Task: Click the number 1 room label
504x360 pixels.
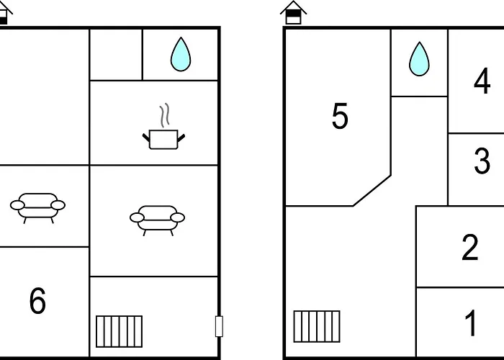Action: [471, 323]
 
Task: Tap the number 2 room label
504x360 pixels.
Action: [470, 247]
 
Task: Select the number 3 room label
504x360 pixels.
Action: [482, 161]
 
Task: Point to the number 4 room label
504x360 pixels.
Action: [482, 81]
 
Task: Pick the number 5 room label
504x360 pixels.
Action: [340, 116]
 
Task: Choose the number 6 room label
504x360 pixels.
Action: [37, 300]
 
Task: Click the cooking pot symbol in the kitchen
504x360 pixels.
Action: [163, 139]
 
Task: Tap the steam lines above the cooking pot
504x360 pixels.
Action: [164, 115]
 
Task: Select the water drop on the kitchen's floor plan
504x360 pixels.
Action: [181, 54]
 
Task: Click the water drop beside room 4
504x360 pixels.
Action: [419, 59]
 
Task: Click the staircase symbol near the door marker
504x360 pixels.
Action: [120, 331]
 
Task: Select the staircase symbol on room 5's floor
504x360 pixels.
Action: [317, 326]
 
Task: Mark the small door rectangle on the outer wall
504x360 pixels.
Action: [219, 326]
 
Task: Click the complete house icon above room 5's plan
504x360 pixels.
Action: [293, 12]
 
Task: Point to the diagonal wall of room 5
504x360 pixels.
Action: [372, 191]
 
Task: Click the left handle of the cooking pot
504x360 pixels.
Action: [146, 138]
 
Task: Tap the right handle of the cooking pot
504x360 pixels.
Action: [181, 138]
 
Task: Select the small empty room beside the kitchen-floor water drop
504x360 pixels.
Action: [116, 55]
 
